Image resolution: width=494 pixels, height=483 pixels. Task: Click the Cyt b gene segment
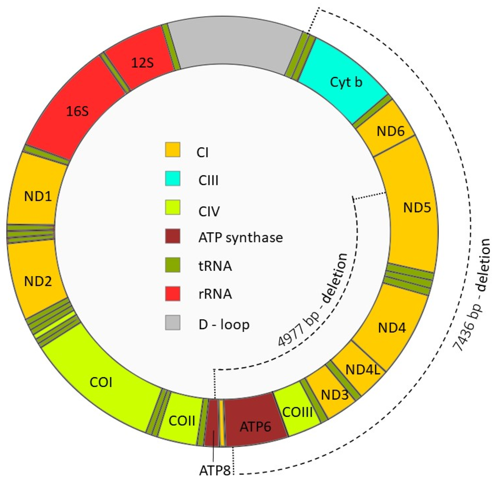point(346,82)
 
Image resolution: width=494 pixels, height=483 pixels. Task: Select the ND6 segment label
point(390,131)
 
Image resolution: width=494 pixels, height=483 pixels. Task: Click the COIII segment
point(297,412)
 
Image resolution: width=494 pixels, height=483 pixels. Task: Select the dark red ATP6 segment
point(255,426)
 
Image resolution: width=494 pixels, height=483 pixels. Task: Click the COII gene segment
point(182,421)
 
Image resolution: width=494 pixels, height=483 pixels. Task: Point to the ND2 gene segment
point(38,281)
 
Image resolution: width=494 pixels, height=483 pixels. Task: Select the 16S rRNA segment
point(77,111)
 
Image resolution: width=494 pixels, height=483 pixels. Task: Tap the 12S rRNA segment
point(142,63)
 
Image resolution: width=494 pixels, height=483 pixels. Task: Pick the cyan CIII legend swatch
point(173,178)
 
